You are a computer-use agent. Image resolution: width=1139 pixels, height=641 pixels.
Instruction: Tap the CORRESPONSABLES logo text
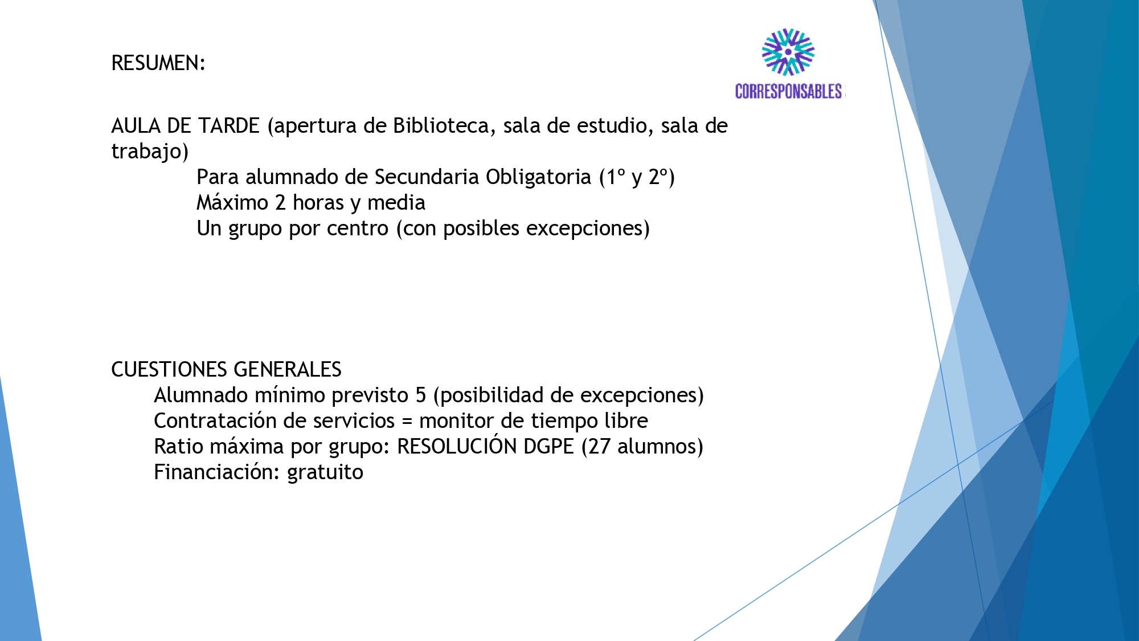pyautogui.click(x=789, y=91)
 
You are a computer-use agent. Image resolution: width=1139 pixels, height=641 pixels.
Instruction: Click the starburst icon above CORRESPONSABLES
pyautogui.click(x=788, y=52)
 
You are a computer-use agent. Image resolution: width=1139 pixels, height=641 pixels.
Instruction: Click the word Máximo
pyautogui.click(x=232, y=202)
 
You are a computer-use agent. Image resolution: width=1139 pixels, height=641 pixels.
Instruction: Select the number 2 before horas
pyautogui.click(x=280, y=203)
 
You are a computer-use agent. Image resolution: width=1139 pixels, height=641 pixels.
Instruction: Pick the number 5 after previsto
pyautogui.click(x=421, y=395)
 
